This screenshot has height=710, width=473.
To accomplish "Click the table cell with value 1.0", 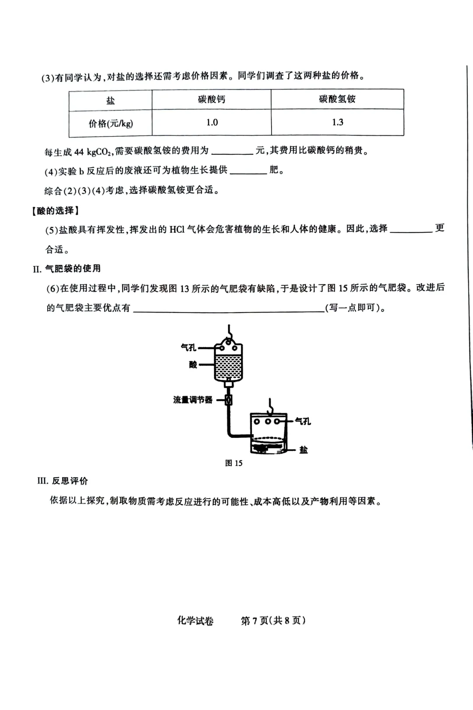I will coord(212,123).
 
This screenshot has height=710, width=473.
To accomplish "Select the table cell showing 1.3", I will coord(337,122).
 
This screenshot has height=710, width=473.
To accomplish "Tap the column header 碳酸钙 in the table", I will coord(212,99).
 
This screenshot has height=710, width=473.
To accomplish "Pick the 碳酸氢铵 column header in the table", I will coord(337,99).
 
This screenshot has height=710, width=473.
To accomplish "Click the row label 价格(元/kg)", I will coord(110,124).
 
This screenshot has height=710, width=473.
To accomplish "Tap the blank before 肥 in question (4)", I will coord(248,171).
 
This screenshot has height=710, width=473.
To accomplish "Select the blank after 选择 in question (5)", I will coord(410,230).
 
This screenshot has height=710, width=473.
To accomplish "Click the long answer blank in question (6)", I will coord(228,309).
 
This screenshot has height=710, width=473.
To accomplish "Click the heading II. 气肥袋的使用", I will coord(67,269).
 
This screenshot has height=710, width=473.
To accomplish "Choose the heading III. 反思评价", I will coord(63,481).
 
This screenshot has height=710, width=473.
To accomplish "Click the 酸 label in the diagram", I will coord(193,365).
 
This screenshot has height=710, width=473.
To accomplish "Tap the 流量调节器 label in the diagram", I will coord(193,400).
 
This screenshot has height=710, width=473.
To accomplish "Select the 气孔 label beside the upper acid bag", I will coord(189,348).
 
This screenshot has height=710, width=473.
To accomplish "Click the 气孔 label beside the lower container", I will coord(303,421).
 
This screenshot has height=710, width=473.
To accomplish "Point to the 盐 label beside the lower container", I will coord(304,450).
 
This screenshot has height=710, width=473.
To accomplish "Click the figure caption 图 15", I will coord(233,463).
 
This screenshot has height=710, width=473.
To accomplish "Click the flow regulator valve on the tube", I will coord(228,400).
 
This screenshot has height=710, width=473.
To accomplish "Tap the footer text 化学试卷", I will coord(195,621).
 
